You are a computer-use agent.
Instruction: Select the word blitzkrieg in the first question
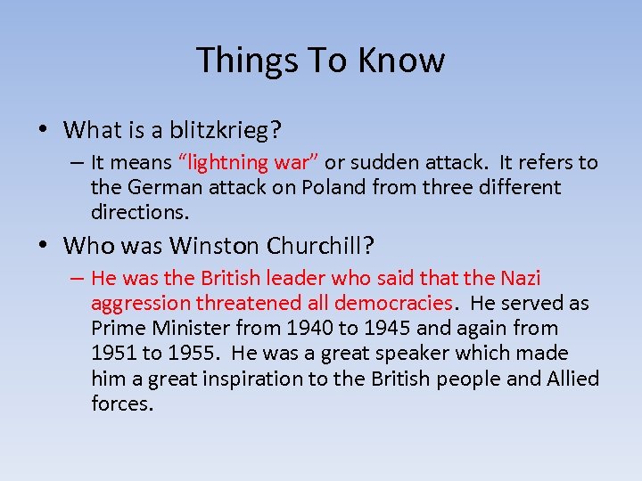[227, 131]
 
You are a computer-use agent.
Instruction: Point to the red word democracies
[393, 304]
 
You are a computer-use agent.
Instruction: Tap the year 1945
[413, 329]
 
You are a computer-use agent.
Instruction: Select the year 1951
[114, 354]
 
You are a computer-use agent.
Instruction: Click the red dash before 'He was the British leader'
[78, 279]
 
